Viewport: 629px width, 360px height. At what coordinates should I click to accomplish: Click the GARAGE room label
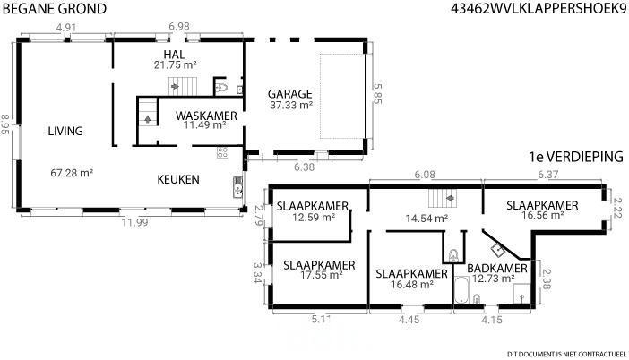(x=289, y=94)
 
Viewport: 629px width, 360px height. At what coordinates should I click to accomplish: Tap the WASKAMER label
(x=206, y=116)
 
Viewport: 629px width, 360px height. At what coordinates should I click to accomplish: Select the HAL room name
(x=174, y=55)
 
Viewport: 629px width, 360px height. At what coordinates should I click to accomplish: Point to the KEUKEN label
(x=178, y=179)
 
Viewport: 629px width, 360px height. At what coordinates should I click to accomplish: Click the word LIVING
(x=65, y=131)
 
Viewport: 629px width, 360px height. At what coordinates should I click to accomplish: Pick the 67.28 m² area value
(x=72, y=173)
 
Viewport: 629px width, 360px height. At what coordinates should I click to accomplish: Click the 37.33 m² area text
(x=291, y=105)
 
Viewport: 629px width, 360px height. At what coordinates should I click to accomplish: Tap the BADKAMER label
(x=497, y=268)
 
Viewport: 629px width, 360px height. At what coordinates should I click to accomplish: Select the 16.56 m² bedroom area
(x=543, y=215)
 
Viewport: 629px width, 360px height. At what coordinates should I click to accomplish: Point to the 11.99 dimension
(x=134, y=222)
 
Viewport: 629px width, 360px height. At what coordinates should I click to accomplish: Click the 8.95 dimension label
(x=5, y=124)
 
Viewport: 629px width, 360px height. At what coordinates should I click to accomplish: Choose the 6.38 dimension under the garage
(x=304, y=167)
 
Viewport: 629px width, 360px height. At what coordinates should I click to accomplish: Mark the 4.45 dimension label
(x=409, y=320)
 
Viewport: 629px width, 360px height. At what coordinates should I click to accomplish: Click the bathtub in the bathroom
(x=461, y=290)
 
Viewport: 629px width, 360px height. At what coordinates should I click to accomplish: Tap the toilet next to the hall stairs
(x=221, y=87)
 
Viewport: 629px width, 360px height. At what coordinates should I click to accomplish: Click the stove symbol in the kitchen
(x=222, y=152)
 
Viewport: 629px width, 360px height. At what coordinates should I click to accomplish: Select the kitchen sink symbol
(x=237, y=187)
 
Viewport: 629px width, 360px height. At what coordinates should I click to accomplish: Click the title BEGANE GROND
(x=55, y=9)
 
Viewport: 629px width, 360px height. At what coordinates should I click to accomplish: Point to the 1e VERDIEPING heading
(x=576, y=157)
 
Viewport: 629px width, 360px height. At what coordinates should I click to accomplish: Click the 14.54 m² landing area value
(x=427, y=219)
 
